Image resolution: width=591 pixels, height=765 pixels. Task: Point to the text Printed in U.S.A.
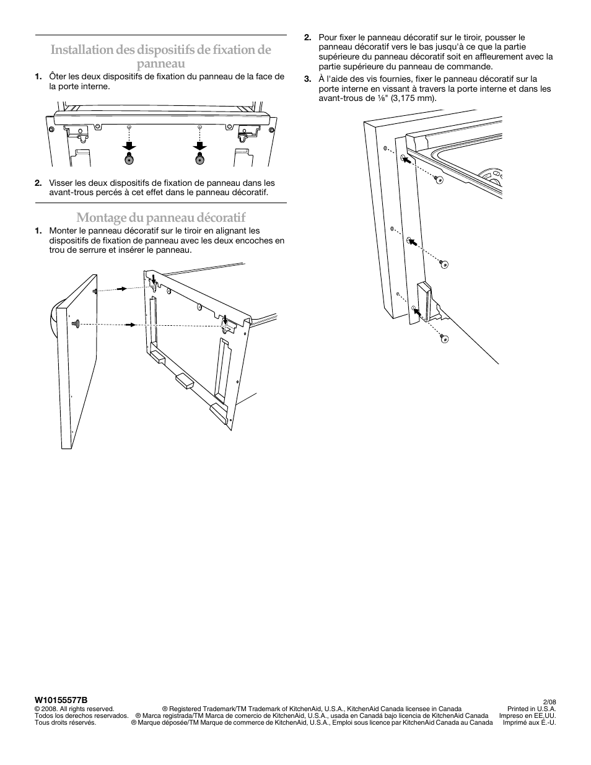coord(532,709)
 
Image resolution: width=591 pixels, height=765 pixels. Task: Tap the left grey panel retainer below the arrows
coord(129,160)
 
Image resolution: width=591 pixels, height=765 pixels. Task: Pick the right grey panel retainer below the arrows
coord(199,160)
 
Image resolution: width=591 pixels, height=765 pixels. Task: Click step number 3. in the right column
coord(307,79)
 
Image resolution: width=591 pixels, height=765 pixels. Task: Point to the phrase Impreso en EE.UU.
coord(527,715)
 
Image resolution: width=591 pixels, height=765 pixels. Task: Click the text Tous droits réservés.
coord(65,722)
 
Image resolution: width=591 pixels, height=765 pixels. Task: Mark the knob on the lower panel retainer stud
coord(76,323)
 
